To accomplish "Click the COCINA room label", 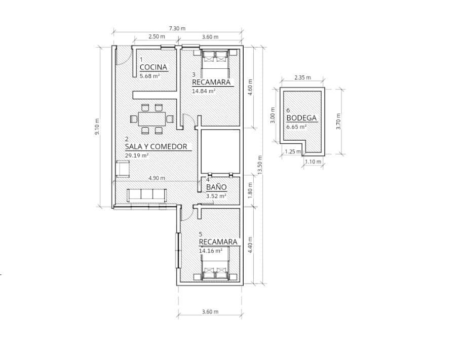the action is [153, 67].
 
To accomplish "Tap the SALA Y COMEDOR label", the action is [156, 146].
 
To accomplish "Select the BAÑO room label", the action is [216, 187].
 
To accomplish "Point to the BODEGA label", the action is [301, 118].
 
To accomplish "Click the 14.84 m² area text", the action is [204, 91].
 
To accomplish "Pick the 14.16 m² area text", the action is [210, 251].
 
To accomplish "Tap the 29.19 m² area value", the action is [137, 155].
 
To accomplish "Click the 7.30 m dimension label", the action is [177, 28].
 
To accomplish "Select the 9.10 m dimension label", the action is [97, 127].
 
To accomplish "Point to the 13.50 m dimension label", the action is [260, 165].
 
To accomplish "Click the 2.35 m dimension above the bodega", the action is [302, 77].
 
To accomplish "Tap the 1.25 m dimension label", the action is [293, 151].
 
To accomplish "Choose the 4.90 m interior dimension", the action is [157, 178].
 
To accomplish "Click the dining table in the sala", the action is [152, 119].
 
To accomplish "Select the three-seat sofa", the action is [146, 195].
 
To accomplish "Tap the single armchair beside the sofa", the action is [123, 169].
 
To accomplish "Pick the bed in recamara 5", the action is [215, 268].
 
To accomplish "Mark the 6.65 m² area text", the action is [296, 127].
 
